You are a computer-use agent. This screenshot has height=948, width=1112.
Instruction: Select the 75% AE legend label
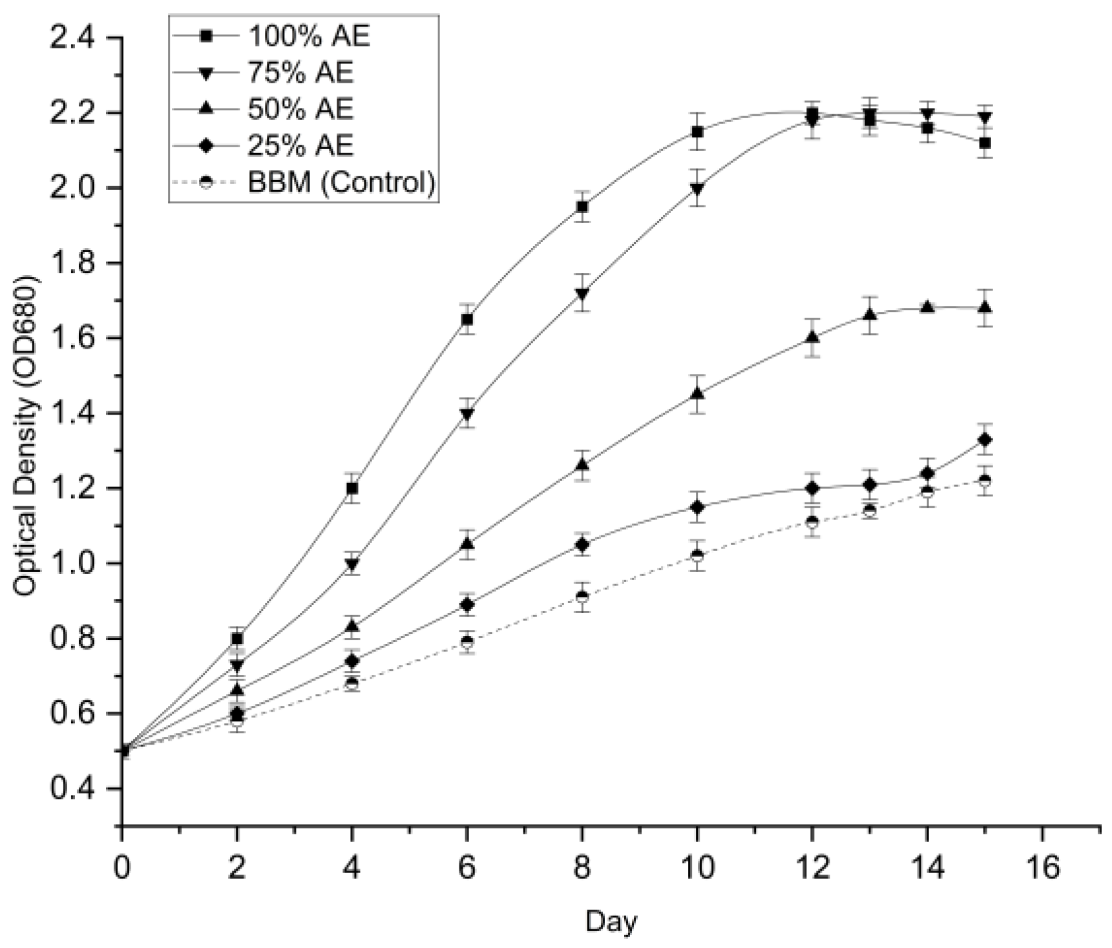click(300, 73)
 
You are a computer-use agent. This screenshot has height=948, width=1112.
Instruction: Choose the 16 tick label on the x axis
click(1042, 867)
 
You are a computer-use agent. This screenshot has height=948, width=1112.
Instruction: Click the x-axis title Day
click(611, 922)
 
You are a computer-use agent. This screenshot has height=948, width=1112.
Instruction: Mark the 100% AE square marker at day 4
click(352, 488)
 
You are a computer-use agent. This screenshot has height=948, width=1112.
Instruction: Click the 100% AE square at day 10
click(697, 132)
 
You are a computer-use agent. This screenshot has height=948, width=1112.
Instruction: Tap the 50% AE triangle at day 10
click(697, 393)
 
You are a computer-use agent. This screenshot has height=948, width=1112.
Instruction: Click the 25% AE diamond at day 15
click(985, 440)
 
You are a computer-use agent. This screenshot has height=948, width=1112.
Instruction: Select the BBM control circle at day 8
click(582, 597)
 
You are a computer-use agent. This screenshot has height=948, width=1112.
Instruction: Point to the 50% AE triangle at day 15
click(985, 308)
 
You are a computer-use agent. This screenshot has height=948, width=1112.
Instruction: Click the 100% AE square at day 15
click(985, 143)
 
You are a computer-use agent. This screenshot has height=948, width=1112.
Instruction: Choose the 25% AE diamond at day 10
click(697, 507)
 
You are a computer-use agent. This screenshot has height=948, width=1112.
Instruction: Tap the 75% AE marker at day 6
click(467, 414)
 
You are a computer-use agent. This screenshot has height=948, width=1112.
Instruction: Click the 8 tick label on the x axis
click(582, 867)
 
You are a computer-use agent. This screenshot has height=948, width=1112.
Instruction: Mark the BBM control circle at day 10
click(697, 555)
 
